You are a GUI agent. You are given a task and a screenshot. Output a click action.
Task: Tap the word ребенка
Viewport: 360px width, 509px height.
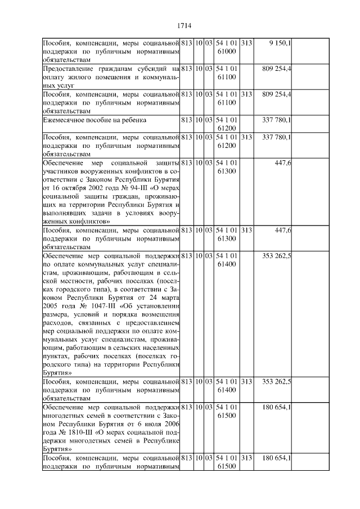[130, 119]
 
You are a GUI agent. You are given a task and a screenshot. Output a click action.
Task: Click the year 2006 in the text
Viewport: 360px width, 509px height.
[171, 425]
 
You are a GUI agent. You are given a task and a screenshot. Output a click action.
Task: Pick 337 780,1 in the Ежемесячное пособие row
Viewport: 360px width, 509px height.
[277, 119]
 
